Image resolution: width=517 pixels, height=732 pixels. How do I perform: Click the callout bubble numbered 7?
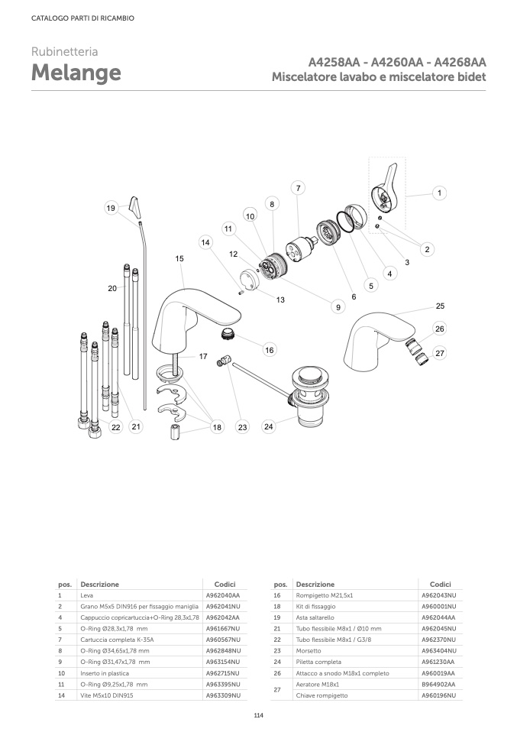pos(298,188)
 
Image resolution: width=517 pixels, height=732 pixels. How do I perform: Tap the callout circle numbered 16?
pos(270,350)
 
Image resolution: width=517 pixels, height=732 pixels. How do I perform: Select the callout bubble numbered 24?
pos(268,426)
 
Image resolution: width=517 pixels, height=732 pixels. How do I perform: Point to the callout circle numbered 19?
pos(111,208)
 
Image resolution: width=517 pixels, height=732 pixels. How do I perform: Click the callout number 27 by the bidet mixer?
pos(440,353)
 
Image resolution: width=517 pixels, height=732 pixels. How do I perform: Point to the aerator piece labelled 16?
pos(228,333)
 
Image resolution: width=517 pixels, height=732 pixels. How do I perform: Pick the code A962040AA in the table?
pos(223,595)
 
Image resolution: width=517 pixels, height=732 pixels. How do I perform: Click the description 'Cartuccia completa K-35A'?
pos(117,640)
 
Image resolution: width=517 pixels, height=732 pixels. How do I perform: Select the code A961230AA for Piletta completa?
pos(438,662)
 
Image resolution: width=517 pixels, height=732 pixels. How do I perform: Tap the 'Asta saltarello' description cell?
pos(315,617)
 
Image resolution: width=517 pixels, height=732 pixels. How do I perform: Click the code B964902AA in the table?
pos(438,685)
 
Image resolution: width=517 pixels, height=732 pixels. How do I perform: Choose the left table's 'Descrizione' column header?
pos(99,584)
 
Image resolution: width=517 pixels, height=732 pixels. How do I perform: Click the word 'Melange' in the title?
pos(76,73)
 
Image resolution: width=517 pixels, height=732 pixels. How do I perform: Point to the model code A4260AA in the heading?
pos(397,62)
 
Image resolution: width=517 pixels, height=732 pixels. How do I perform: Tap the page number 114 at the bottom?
pos(258,715)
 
